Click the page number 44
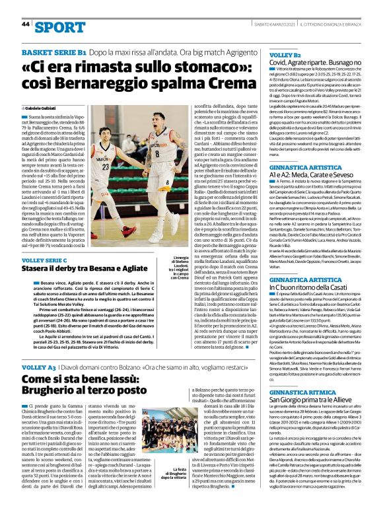click(x=26, y=24)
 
